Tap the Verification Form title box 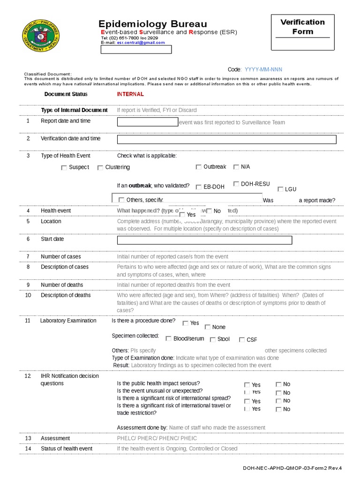(x=302, y=31)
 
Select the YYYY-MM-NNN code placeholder (x=263, y=69)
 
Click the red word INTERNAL (x=130, y=94)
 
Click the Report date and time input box (x=147, y=122)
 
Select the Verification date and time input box (x=226, y=139)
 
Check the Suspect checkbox (x=64, y=168)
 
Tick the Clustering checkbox (x=100, y=168)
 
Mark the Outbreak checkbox (x=199, y=167)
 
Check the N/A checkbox (x=236, y=167)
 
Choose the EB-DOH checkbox (x=199, y=187)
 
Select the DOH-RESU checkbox (x=236, y=184)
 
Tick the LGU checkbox (x=280, y=189)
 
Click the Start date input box (x=204, y=240)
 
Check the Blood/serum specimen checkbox (x=168, y=339)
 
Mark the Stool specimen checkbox (x=212, y=339)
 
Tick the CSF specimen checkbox (x=242, y=340)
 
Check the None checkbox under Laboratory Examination (x=207, y=327)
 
